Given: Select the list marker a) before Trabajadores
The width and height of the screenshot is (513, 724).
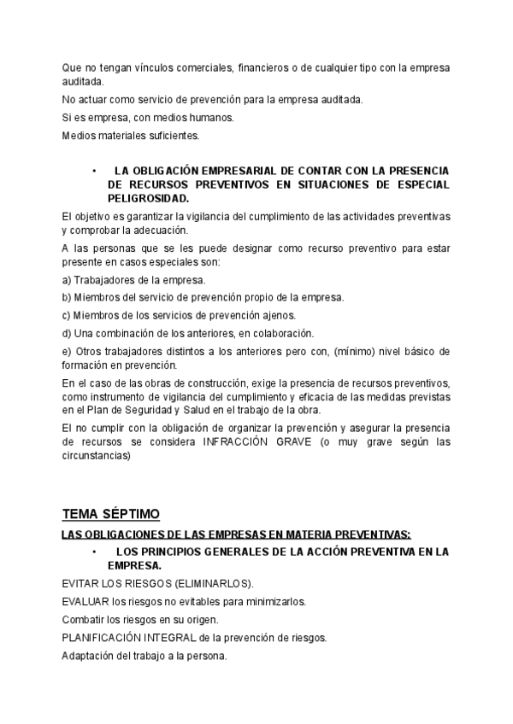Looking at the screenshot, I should click(67, 280).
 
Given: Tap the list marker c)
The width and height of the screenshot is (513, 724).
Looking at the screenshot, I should click(67, 315).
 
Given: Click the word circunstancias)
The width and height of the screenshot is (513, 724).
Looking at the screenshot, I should click(97, 456).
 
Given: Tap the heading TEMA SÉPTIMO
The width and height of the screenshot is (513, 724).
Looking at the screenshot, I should click(110, 513).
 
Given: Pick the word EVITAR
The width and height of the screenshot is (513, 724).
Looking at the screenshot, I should click(81, 584).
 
